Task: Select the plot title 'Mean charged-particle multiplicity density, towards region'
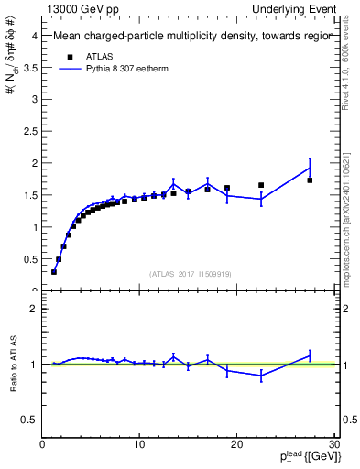(x=188, y=37)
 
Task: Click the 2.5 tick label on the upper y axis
(x=30, y=131)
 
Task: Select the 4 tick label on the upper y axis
(x=34, y=36)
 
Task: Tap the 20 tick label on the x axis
(x=236, y=445)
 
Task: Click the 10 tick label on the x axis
(x=139, y=445)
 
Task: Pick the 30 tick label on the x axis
(x=333, y=445)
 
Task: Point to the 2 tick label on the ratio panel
(x=34, y=309)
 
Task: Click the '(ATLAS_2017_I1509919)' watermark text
(x=191, y=272)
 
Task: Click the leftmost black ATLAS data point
(x=54, y=272)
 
